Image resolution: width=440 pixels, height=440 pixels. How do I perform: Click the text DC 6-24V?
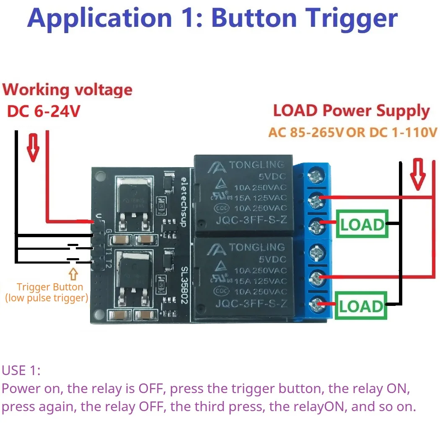43,111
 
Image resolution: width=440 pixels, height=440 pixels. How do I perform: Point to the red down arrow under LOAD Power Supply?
417,173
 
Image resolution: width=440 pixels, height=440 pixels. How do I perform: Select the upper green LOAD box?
362,225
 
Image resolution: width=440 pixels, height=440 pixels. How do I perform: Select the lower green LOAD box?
362,306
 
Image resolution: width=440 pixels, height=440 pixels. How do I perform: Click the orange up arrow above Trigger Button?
74,274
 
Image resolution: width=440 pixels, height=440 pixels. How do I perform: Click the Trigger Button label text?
50,287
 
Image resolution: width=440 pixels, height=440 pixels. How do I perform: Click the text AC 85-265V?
305,133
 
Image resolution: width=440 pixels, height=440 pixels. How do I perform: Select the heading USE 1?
21,370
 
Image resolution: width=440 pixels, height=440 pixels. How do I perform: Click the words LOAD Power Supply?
351,111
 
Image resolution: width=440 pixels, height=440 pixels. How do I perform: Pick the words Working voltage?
67,90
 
